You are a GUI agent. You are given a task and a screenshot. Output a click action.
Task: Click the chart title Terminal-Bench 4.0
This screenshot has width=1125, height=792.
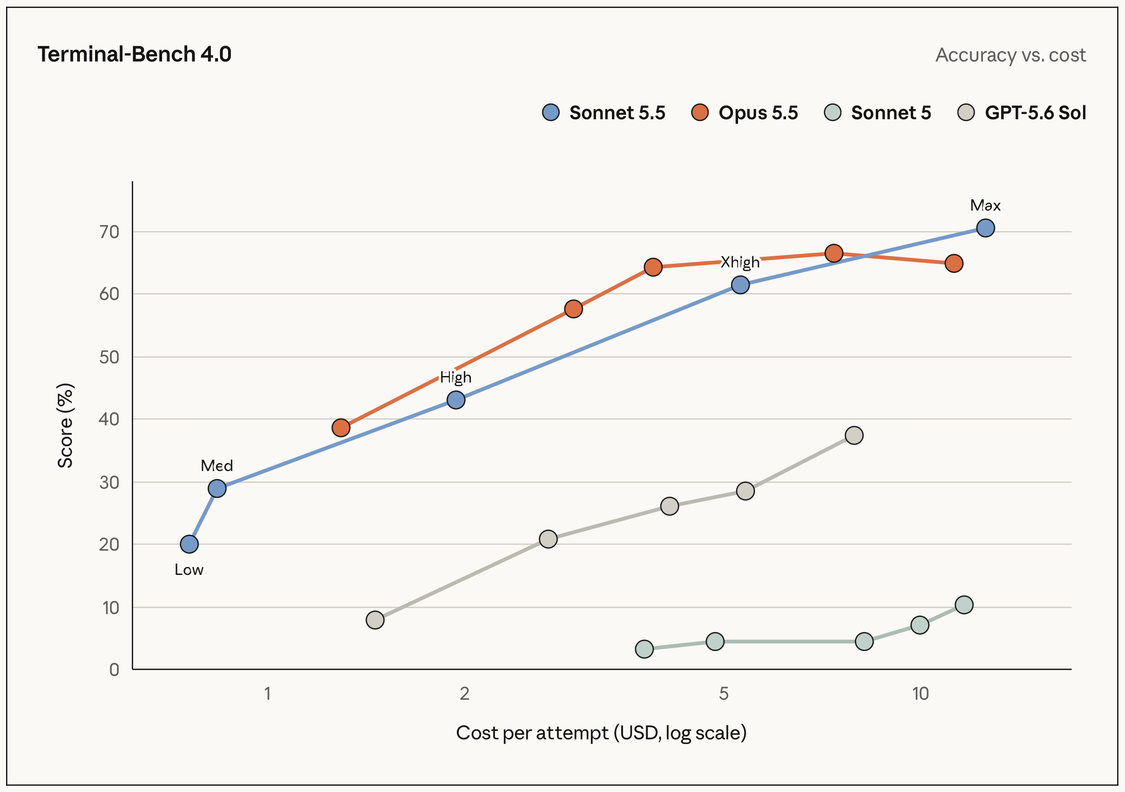pyautogui.click(x=134, y=55)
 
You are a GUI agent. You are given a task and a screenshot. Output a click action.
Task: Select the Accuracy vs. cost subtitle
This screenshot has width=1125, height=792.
pyautogui.click(x=1010, y=55)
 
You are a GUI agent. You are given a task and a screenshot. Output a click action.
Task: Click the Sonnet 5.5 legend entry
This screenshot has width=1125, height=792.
pyautogui.click(x=603, y=113)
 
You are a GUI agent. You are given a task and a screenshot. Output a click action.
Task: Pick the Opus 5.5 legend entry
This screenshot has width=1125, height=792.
pyautogui.click(x=744, y=113)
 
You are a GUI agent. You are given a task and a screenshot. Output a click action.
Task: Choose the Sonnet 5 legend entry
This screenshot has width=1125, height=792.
pyautogui.click(x=878, y=113)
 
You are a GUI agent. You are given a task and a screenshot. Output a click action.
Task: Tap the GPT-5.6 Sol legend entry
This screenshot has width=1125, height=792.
pyautogui.click(x=1022, y=113)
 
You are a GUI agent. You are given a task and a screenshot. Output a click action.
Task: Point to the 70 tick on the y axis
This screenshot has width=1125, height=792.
pyautogui.click(x=109, y=232)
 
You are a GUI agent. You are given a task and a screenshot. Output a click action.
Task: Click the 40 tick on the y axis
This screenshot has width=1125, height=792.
pyautogui.click(x=109, y=419)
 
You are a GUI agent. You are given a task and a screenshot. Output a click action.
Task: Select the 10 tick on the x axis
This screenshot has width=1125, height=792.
pyautogui.click(x=920, y=694)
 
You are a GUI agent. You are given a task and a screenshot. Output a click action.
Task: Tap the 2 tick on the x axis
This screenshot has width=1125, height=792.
pyautogui.click(x=465, y=694)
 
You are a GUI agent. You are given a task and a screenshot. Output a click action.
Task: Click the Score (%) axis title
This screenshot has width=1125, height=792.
pyautogui.click(x=65, y=425)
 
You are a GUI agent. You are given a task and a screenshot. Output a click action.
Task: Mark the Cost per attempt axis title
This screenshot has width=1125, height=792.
pyautogui.click(x=601, y=733)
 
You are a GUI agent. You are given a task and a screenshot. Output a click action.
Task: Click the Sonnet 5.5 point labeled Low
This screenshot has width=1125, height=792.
pyautogui.click(x=189, y=544)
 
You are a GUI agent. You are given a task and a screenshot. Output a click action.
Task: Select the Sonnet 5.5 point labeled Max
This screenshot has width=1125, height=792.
pyautogui.click(x=985, y=228)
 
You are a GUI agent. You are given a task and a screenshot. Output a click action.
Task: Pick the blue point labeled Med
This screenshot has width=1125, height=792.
pyautogui.click(x=217, y=489)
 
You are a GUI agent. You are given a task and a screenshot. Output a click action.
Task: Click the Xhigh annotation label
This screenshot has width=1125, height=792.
pyautogui.click(x=740, y=263)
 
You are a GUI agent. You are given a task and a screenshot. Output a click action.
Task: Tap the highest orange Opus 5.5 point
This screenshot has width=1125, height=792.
pyautogui.click(x=834, y=253)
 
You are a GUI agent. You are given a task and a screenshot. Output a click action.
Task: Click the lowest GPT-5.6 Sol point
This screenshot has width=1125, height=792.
pyautogui.click(x=375, y=620)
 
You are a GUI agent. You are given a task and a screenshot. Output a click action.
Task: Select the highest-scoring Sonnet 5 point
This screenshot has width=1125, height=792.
pyautogui.click(x=964, y=605)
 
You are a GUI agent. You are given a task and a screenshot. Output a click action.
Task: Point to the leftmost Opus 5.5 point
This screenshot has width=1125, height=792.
pyautogui.click(x=340, y=428)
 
